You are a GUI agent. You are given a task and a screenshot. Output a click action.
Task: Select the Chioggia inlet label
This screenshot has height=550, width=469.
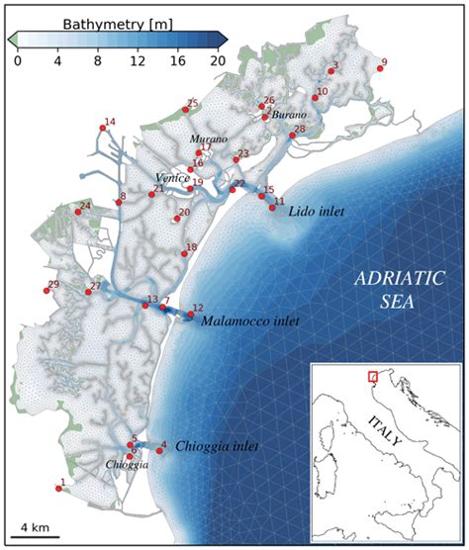click(217, 447)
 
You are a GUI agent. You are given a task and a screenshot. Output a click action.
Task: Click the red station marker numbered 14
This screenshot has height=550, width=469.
click(102, 126)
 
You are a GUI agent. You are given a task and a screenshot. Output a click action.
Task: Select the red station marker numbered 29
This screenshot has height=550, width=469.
click(47, 290)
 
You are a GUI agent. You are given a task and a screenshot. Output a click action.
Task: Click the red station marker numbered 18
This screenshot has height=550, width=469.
click(184, 251)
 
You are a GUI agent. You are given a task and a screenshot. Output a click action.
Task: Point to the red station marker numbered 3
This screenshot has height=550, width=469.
click(330, 71)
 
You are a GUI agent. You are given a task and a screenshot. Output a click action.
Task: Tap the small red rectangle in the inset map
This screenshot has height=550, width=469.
click(372, 376)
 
